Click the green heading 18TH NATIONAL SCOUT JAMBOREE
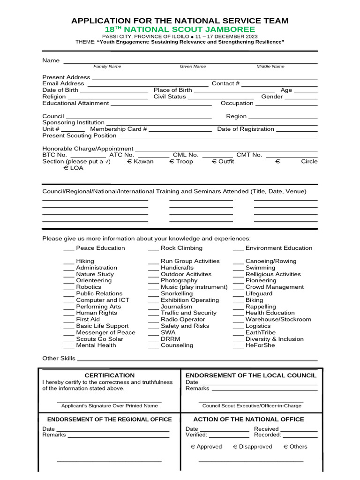pos(180,30)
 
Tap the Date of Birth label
pos(60,90)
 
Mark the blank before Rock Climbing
pos(153,249)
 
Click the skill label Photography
pos(179,280)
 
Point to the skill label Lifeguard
pos(259,293)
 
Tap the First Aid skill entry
pos(88,319)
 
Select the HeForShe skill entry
pos(260,345)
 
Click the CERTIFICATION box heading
pos(109,375)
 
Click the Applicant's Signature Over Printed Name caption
pos(109,406)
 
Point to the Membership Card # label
pos(119,129)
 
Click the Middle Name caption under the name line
pos(270,67)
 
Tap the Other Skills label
pos(59,358)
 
